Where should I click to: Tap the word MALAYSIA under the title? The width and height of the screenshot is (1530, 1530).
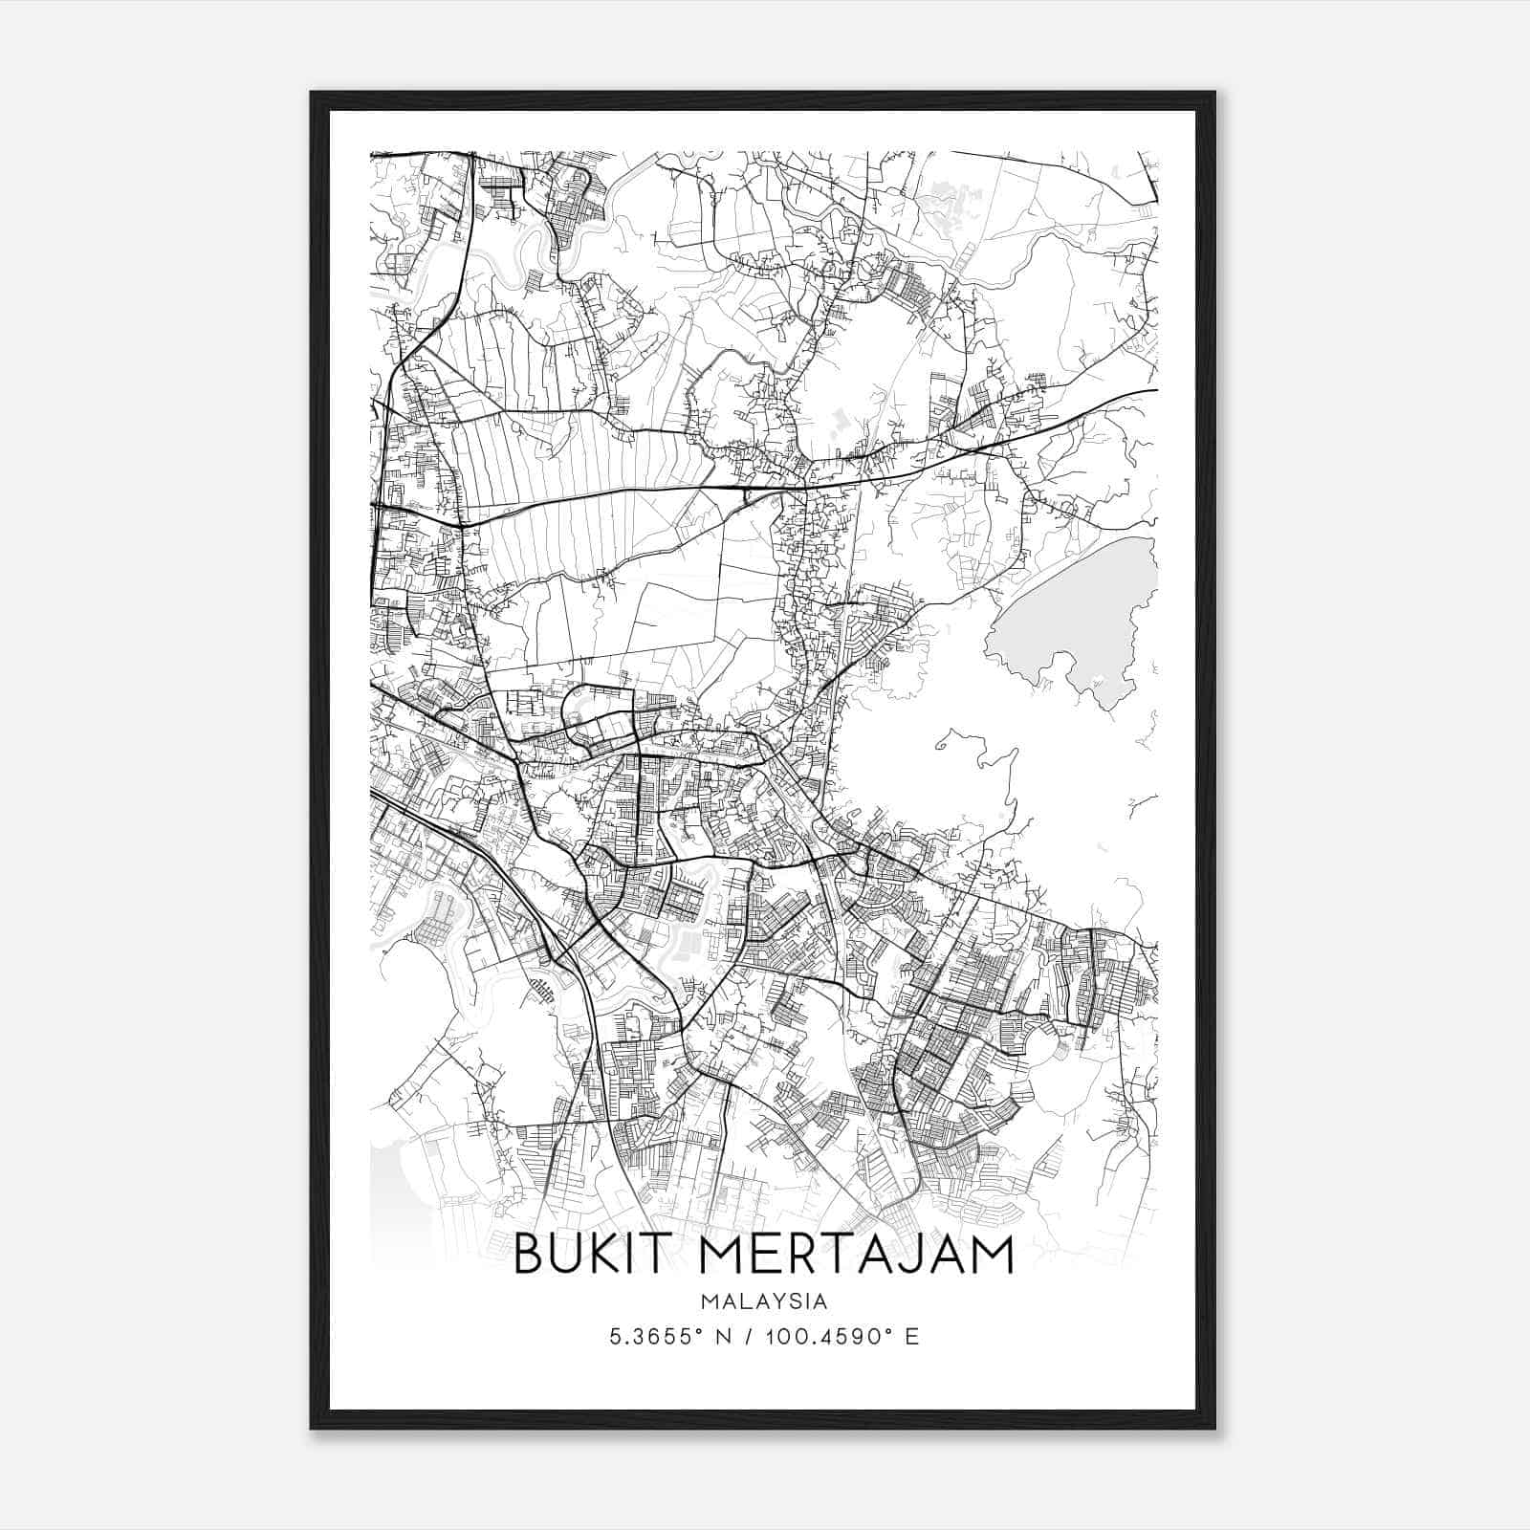pyautogui.click(x=763, y=1301)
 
